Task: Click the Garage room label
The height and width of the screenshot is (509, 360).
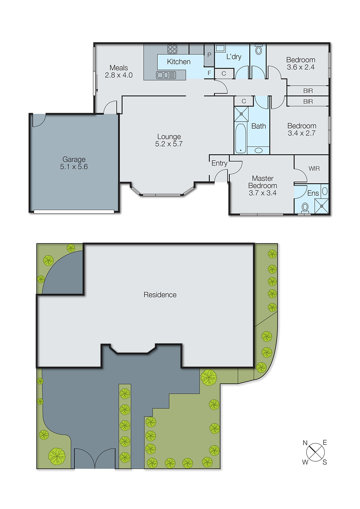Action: click(x=74, y=159)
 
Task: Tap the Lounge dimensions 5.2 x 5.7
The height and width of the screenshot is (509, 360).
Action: click(x=169, y=144)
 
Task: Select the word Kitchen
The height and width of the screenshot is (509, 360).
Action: click(x=179, y=62)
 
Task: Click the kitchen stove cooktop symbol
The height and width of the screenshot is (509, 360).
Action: click(x=173, y=49)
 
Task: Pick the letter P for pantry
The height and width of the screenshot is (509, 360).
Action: click(x=209, y=55)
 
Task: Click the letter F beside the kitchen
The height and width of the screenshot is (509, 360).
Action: click(x=209, y=73)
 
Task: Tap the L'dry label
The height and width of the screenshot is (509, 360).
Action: click(x=234, y=57)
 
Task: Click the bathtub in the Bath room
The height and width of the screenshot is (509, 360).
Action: click(x=241, y=138)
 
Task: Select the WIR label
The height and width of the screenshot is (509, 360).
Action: click(x=314, y=169)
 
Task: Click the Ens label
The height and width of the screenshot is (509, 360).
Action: click(x=313, y=193)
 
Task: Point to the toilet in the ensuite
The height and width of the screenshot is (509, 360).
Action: click(x=305, y=207)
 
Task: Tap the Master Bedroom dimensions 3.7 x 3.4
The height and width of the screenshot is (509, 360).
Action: click(x=263, y=193)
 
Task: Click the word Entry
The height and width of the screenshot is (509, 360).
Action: click(x=219, y=163)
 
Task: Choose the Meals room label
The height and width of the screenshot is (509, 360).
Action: click(x=119, y=68)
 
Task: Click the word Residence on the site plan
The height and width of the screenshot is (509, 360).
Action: click(x=160, y=295)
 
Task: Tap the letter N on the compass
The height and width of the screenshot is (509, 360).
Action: click(x=305, y=443)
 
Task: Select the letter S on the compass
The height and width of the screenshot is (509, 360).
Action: click(x=325, y=462)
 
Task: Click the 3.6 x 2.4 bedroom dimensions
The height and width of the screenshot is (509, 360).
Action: click(x=300, y=67)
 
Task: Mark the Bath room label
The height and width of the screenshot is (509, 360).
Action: click(x=258, y=126)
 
